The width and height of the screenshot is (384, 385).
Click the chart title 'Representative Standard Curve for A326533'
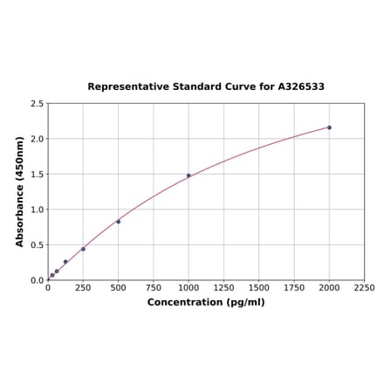[206, 87]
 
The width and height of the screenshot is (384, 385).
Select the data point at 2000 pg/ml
[329, 127]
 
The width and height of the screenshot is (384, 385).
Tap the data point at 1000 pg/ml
[189, 175]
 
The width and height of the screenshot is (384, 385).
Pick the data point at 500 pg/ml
[119, 222]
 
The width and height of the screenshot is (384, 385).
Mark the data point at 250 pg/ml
[83, 249]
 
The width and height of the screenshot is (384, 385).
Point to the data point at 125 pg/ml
[65, 262]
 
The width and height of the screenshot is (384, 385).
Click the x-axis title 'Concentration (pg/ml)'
[206, 302]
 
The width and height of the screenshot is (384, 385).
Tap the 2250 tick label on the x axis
[364, 287]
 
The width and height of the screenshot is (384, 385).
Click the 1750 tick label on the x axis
[294, 287]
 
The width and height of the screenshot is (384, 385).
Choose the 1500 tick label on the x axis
[259, 287]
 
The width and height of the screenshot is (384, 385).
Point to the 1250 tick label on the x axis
[223, 287]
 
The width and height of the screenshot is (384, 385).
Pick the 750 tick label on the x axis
[154, 287]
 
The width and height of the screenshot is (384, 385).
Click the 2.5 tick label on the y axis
[38, 104]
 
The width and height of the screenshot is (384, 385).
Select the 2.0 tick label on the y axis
[38, 139]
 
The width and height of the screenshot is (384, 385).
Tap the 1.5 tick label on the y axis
[38, 175]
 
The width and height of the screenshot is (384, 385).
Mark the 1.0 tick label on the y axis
[38, 210]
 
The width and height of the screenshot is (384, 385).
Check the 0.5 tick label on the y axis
[38, 245]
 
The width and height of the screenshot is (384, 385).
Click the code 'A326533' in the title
[301, 87]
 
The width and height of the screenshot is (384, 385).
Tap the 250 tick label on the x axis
[83, 287]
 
